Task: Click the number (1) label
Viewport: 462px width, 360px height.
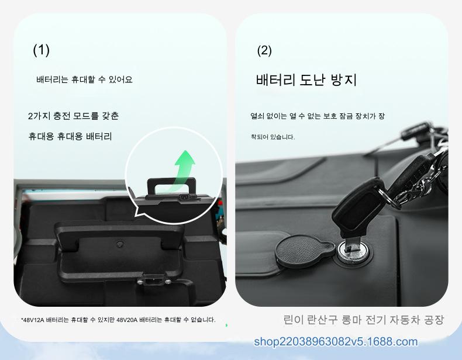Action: point(42,50)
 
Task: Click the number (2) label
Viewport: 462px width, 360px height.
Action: point(264,50)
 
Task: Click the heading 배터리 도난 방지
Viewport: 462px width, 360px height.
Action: point(306,79)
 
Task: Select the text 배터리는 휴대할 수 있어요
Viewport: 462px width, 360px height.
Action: point(84,79)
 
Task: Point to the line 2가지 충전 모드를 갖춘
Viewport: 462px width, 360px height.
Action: point(73,116)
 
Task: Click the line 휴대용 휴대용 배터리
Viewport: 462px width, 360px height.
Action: point(70,136)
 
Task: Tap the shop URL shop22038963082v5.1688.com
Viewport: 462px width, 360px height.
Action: point(336,341)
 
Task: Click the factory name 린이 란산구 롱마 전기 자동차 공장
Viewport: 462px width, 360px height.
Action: point(363,320)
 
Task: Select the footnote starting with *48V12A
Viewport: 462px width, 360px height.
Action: point(118,320)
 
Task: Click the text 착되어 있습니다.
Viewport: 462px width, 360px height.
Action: point(273,137)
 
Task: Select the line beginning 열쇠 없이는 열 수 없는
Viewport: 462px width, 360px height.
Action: point(318,116)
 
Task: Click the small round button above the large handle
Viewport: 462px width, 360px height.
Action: point(119,244)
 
